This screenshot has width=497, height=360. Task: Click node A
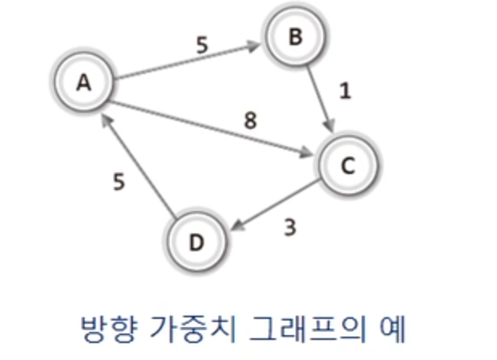coord(83,81)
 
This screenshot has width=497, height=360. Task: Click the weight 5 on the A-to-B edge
coord(202,46)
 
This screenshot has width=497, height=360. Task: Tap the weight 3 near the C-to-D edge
coord(291,226)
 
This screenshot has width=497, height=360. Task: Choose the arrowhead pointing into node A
coord(105,119)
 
